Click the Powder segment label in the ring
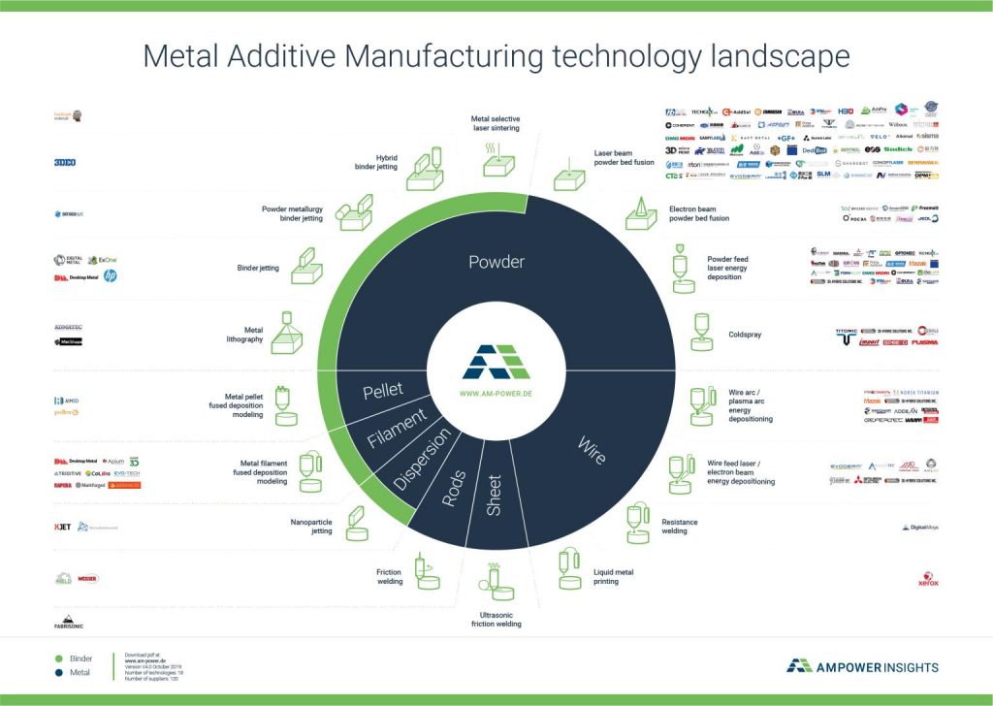pyautogui.click(x=496, y=262)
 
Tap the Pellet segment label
pyautogui.click(x=382, y=392)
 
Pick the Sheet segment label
pyautogui.click(x=494, y=495)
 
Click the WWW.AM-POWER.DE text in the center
pyautogui.click(x=496, y=395)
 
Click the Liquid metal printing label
pyautogui.click(x=613, y=578)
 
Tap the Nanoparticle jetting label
pyautogui.click(x=312, y=526)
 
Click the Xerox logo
pyautogui.click(x=928, y=582)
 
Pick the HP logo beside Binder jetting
pyautogui.click(x=110, y=276)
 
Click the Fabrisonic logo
pyautogui.click(x=69, y=621)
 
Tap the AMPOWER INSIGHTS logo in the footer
pyautogui.click(x=862, y=666)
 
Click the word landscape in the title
pyautogui.click(x=771, y=55)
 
